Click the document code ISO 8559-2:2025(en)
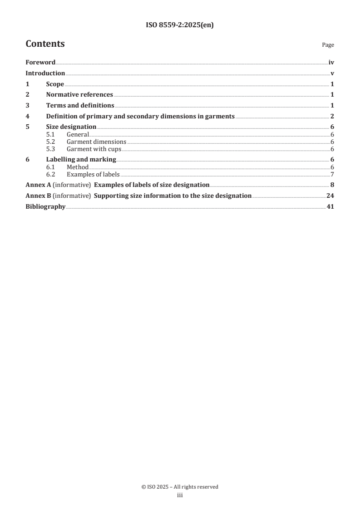(180, 25)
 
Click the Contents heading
(45, 44)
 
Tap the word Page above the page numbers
(328, 45)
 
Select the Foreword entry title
(40, 63)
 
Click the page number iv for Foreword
(331, 63)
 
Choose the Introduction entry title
(45, 73)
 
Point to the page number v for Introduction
(332, 73)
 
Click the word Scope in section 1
(55, 84)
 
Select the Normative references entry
(79, 95)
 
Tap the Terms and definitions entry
(80, 106)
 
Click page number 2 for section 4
(332, 117)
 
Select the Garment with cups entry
(94, 149)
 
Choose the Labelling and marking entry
(81, 160)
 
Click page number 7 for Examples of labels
(332, 174)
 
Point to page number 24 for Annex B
(330, 196)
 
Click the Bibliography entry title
(45, 207)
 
